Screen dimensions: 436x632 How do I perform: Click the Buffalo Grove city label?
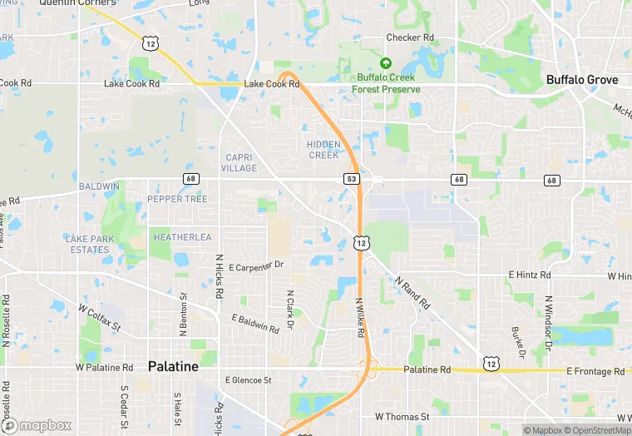(582, 80)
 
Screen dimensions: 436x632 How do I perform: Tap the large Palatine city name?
(173, 366)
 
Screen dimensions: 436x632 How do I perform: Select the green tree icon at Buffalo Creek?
(385, 63)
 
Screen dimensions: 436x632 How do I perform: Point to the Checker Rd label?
(410, 37)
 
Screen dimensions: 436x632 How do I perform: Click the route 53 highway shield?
(352, 179)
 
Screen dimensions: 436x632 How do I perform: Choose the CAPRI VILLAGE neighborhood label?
(240, 162)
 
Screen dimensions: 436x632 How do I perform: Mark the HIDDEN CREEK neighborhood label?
(323, 150)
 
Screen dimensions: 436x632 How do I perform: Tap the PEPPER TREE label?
(177, 199)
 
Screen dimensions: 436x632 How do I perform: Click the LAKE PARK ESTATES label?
(90, 244)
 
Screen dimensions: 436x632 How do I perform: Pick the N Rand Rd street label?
(412, 293)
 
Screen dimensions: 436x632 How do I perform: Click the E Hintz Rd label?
(530, 275)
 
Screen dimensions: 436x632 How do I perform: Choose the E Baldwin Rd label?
(255, 325)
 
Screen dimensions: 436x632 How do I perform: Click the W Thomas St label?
(402, 416)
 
